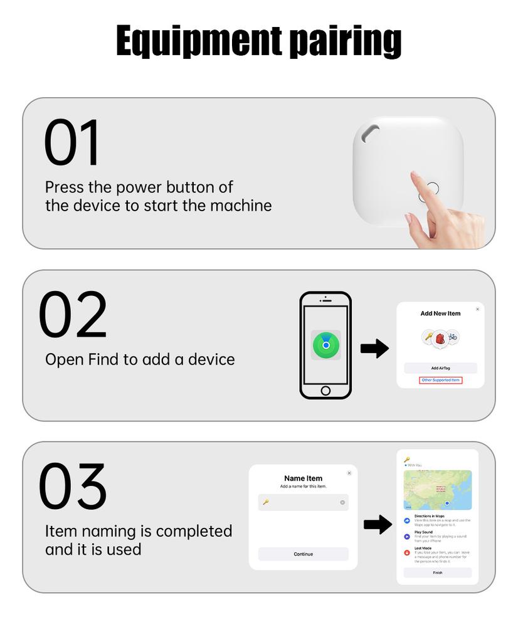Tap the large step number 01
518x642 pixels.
pos(72,142)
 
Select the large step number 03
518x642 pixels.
pos(73,487)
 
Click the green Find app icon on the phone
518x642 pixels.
pos(325,345)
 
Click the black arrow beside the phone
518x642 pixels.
pos(374,349)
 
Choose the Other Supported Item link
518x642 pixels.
pos(441,380)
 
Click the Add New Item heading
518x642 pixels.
pos(440,313)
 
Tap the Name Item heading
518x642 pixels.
pos(303,478)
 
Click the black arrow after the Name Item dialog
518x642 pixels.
pos(378,524)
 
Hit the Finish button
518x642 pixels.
pos(437,572)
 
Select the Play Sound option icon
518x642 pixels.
pos(408,537)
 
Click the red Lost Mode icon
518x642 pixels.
pos(408,553)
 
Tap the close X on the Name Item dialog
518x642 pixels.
pos(349,473)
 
